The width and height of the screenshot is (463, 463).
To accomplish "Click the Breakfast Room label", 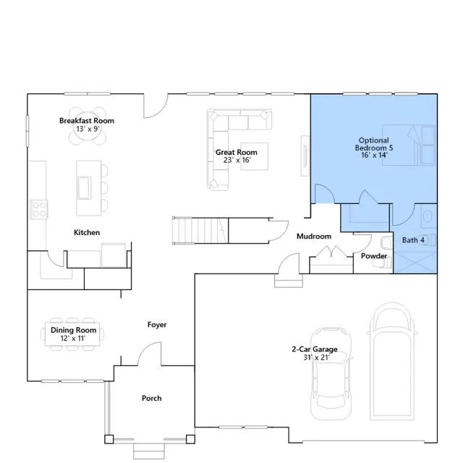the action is pos(87,121).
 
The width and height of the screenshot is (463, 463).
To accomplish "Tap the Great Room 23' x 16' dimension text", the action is pos(237,160).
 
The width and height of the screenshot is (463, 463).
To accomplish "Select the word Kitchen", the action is pos(87,232).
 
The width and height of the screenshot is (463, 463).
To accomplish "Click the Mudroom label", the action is pos(314,237).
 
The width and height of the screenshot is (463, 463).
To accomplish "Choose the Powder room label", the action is pos(374,256).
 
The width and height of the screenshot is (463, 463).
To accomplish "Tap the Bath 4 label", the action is pos(413,240).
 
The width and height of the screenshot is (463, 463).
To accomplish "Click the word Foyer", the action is pos(157,325).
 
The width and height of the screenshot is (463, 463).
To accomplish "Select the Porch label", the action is pos(152,398).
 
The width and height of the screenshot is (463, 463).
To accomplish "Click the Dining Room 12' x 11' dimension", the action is pos(73,339).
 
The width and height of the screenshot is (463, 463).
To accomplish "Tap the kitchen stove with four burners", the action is pos(38,209).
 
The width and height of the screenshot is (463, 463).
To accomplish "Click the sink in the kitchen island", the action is pos(84,188).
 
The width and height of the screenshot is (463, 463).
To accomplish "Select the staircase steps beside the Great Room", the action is pos(200,230).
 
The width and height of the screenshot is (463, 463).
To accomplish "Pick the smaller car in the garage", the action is pos(331,373).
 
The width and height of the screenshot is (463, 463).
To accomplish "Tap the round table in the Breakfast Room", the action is pos(88,127).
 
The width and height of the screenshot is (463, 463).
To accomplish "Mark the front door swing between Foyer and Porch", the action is pos(150,354).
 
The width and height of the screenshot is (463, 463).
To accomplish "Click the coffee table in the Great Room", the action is pos(254,156).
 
